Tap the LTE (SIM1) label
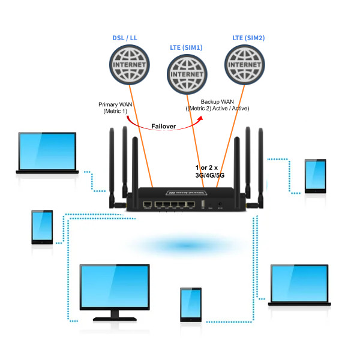coord(186,47)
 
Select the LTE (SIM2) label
coord(248,38)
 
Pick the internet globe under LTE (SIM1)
coord(186,73)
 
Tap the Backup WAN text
coord(217,104)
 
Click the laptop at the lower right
coord(299,286)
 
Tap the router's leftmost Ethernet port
coord(147,205)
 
